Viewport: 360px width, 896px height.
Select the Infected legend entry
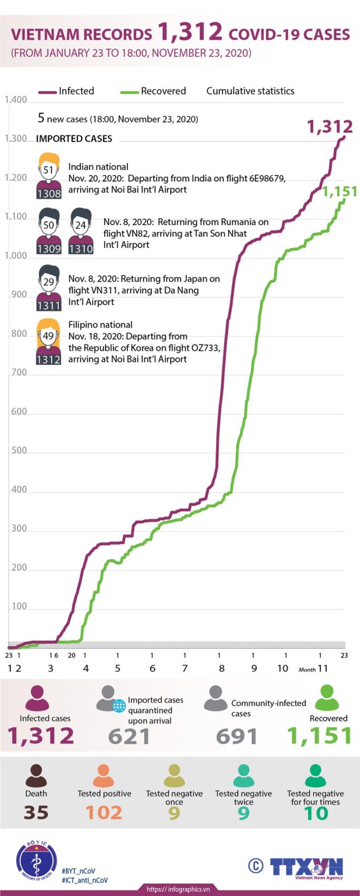coord(66,91)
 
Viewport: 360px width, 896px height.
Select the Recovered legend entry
coord(153,91)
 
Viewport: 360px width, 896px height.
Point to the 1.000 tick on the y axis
coord(16,256)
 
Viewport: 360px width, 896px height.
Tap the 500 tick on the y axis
coord(19,451)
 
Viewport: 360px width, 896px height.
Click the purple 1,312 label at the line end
coord(330,127)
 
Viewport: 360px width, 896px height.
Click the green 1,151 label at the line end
coord(339,191)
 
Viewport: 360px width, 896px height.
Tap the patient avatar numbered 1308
coord(49,176)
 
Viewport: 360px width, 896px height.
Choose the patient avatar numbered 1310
coord(81,231)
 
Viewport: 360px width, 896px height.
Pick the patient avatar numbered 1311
coord(49,288)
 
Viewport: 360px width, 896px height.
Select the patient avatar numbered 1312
coord(48,341)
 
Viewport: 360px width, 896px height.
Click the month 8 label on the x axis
coord(222,668)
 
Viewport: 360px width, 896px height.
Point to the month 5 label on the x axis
coord(118,668)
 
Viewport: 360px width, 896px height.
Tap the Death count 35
coord(36,812)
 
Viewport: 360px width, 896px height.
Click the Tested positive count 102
coord(104,812)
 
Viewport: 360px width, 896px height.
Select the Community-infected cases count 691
coord(237,737)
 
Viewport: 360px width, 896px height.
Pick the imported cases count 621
coord(129,737)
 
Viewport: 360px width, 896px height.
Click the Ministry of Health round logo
coord(36,861)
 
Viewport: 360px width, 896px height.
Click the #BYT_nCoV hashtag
coord(79,870)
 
